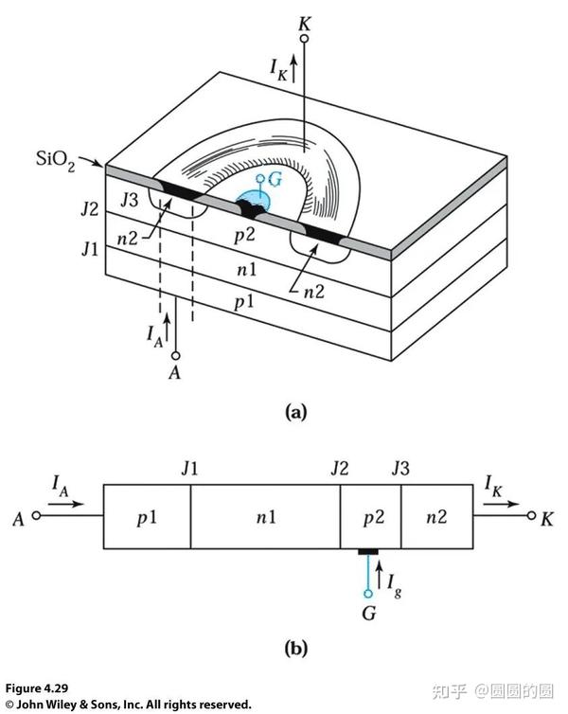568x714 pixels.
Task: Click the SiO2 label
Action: pos(55,160)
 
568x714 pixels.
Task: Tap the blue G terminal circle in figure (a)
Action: pos(260,178)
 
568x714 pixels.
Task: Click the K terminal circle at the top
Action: pos(304,38)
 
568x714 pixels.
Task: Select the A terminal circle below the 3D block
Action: pos(176,356)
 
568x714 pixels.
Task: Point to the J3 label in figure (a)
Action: pos(130,200)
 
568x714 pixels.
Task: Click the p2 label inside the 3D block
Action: pos(244,236)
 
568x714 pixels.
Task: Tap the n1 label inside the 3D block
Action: pos(247,270)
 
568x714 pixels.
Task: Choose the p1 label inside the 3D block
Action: pos(243,302)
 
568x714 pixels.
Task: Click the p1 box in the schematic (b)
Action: pos(147,517)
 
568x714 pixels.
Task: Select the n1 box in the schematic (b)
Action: pos(265,517)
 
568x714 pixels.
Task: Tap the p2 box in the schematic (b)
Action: pos(371,517)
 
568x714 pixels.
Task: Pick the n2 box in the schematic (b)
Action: pos(437,517)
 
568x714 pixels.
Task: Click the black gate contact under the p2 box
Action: pos(368,552)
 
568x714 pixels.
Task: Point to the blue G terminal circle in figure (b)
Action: pos(368,594)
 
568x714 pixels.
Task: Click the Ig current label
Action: pos(394,585)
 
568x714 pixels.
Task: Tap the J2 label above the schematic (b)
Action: pos(340,469)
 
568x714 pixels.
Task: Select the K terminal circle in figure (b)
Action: pos(531,515)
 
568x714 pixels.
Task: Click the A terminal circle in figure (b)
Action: pos(36,515)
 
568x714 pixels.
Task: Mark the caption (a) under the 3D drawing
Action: pos(295,412)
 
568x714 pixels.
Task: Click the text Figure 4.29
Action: pos(36,688)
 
